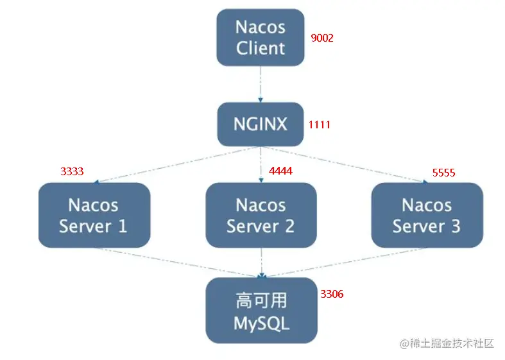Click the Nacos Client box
(261, 37)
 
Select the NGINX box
(261, 124)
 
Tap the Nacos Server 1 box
(94, 215)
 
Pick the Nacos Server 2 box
(261, 215)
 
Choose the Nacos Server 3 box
(427, 215)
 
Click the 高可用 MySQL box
(262, 311)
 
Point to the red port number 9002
(322, 38)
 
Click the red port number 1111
(320, 124)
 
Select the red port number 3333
(72, 171)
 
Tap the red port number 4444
(281, 171)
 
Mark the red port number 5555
(444, 173)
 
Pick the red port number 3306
(332, 294)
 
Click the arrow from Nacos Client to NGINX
(261, 84)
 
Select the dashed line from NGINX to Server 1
(177, 165)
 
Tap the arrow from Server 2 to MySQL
(262, 262)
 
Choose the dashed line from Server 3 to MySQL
(345, 262)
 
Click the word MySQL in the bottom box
(262, 323)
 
